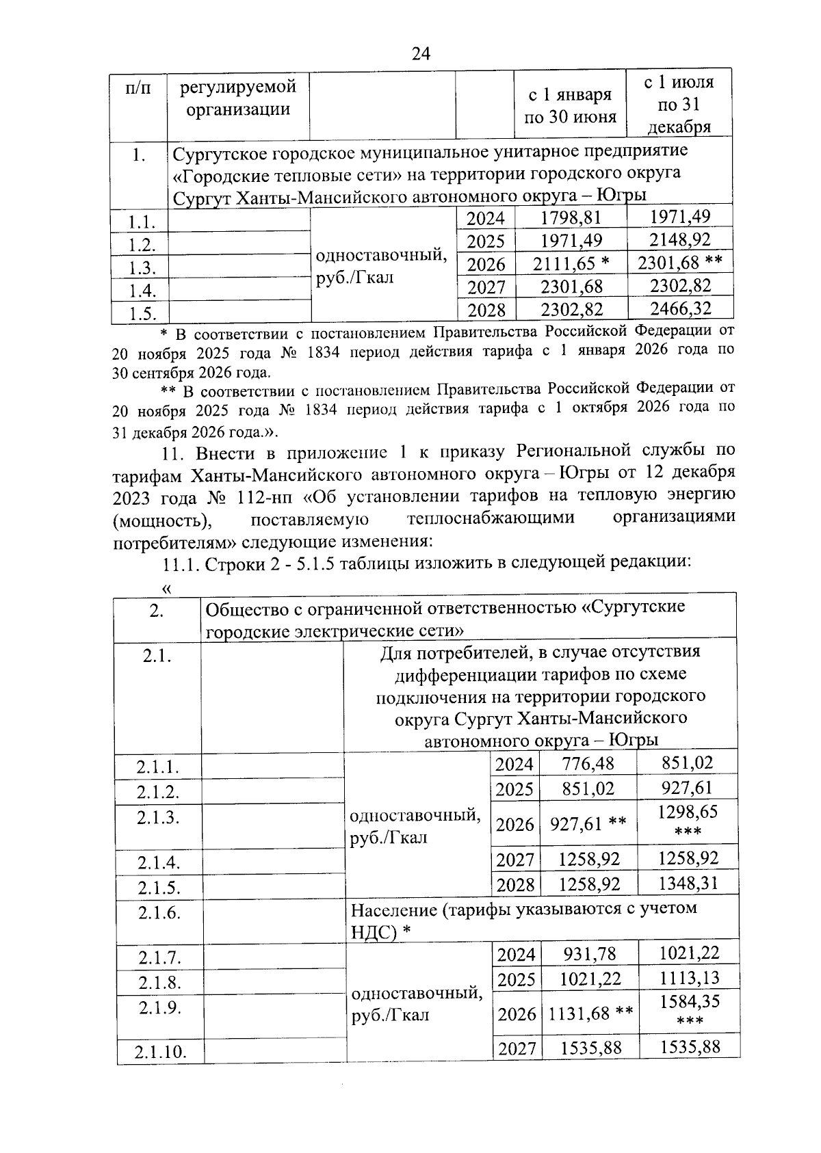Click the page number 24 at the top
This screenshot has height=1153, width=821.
coord(420,53)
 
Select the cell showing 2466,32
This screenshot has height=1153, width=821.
coord(680,308)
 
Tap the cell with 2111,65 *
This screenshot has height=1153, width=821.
coord(571,264)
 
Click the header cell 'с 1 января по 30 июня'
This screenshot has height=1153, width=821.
coord(571,105)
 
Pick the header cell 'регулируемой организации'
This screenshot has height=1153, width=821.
coord(238,98)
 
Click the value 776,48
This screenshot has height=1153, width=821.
coord(588,764)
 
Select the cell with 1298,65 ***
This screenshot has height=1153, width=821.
coord(687,821)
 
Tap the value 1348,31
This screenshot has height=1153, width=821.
coord(688,883)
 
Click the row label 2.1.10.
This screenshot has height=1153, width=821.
coord(160,1052)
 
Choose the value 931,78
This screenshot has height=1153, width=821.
coord(589,953)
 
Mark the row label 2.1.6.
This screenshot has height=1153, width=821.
coord(158,913)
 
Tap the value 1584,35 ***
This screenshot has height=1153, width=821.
coord(689,1010)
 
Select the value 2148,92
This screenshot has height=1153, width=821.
coord(680,240)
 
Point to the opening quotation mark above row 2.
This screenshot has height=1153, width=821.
coord(165,587)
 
